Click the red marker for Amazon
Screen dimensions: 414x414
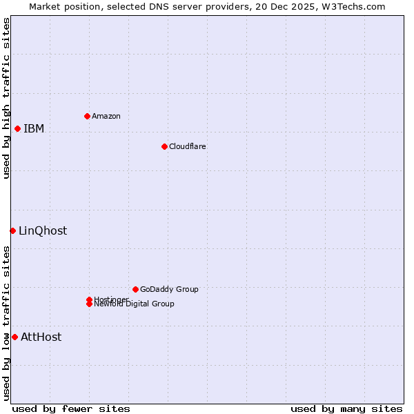[x=87, y=116]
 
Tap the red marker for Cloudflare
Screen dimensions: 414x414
[x=164, y=146]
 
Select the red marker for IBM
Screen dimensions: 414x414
[x=17, y=128]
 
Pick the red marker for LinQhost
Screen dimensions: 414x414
[x=12, y=230]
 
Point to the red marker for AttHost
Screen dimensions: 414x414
[x=14, y=337]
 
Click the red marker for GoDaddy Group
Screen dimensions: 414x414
[x=135, y=289]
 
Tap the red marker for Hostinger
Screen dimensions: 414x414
[x=89, y=299]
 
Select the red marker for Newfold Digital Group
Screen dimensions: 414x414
[x=89, y=304]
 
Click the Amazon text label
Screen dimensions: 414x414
[x=106, y=116]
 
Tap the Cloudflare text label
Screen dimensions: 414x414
[x=188, y=146]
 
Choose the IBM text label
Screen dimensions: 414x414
[x=34, y=128]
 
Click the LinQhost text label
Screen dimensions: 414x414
[x=43, y=230]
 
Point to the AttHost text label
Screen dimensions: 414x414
[x=41, y=337]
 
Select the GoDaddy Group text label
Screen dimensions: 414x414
[x=169, y=289]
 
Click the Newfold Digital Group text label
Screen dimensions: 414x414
[x=135, y=304]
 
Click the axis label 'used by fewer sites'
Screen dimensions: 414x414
[x=71, y=408]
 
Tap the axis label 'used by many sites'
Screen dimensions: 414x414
[x=346, y=408]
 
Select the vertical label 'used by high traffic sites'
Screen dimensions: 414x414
[x=6, y=98]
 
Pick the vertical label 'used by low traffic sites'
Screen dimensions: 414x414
[x=6, y=323]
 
